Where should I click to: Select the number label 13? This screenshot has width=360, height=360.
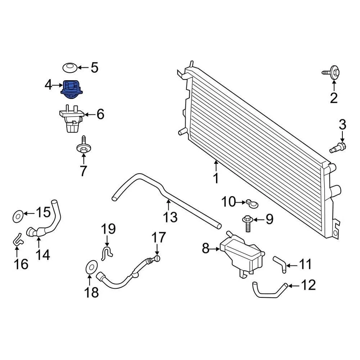tap(171, 216)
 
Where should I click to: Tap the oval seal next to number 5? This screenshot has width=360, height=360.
tap(70, 67)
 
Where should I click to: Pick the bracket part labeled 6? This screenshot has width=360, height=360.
tap(70, 119)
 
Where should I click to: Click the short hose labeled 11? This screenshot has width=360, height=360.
tap(280, 263)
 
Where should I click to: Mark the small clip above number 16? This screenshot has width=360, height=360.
tap(17, 239)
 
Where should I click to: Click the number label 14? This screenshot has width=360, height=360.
tap(42, 255)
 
